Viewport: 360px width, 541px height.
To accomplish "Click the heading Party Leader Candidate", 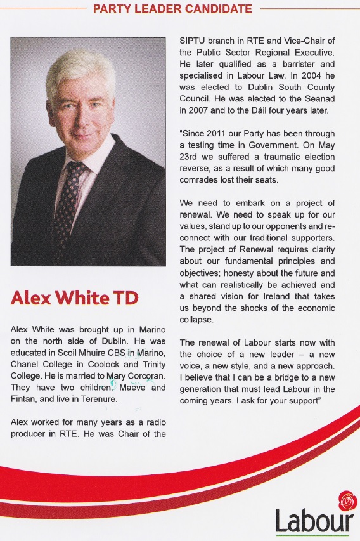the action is (172, 9).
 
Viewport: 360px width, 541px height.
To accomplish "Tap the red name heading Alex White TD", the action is (74, 298).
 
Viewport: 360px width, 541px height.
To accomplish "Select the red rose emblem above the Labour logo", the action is (347, 500).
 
